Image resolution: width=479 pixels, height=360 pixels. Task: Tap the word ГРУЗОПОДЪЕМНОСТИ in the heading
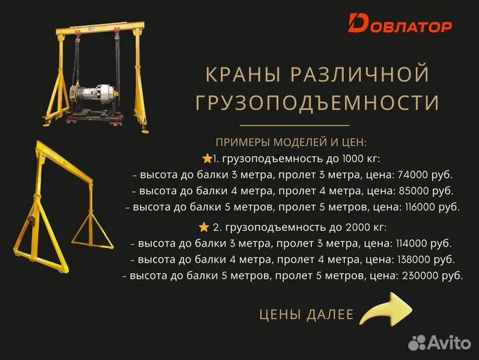[x=317, y=103]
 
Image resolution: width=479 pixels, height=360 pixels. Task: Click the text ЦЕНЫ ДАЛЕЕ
[x=306, y=315]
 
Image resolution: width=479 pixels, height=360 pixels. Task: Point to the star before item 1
[x=206, y=159]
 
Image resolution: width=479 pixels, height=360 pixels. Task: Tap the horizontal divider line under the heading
[x=294, y=125]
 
